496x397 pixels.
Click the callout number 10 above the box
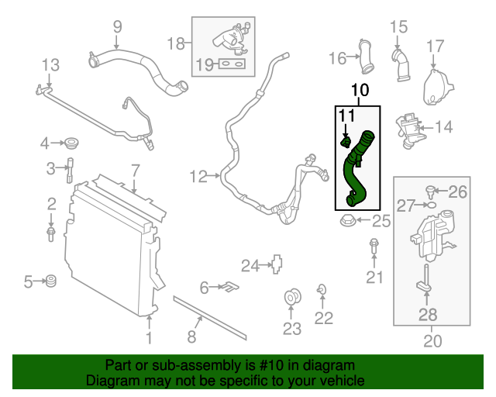359,91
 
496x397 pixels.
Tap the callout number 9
117,27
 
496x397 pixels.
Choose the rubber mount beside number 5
52,281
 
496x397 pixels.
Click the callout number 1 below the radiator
149,338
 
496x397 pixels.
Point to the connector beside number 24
274,264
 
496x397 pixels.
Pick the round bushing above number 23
294,297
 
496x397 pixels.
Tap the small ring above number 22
321,290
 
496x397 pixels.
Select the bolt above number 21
374,247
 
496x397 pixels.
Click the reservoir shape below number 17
435,87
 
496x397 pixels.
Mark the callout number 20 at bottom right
431,339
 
